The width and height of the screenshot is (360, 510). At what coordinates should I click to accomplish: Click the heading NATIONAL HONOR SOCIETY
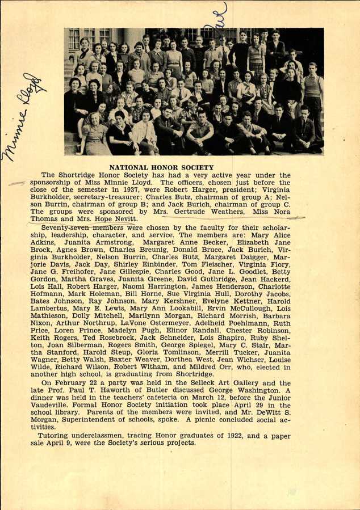tap(161, 168)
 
